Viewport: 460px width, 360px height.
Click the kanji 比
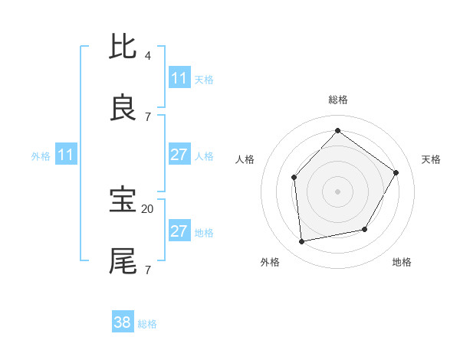click(123, 47)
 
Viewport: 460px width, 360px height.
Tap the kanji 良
click(123, 108)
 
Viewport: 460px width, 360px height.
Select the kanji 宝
click(123, 199)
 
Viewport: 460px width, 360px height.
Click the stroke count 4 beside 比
click(147, 55)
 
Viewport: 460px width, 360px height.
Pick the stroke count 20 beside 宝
click(148, 208)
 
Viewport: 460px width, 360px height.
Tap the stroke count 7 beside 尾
click(147, 270)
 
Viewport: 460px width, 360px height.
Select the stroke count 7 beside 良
click(147, 116)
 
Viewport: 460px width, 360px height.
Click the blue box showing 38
click(123, 322)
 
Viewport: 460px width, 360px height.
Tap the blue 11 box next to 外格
click(66, 155)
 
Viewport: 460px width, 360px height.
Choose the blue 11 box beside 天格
click(179, 78)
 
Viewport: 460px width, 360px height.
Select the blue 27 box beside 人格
click(179, 155)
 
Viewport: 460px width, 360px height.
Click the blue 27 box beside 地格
click(179, 231)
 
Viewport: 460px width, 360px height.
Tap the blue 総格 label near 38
click(147, 324)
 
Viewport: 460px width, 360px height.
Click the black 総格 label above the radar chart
click(337, 100)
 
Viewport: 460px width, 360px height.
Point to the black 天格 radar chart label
click(431, 159)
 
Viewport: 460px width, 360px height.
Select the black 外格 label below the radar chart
click(270, 263)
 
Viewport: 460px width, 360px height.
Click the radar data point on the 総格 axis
click(337, 130)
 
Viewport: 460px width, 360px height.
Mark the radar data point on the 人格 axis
click(294, 178)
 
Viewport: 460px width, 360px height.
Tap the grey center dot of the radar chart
click(337, 191)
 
